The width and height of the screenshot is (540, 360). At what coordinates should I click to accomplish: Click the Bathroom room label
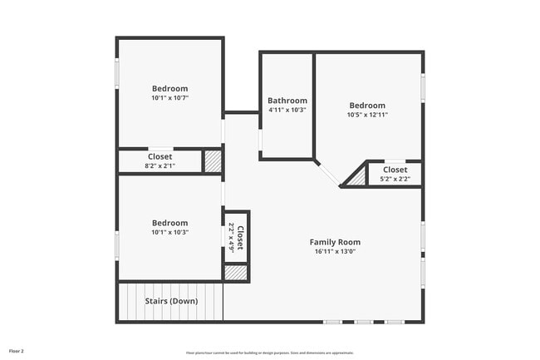coord(287,101)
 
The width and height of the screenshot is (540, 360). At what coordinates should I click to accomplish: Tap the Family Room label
coord(336,242)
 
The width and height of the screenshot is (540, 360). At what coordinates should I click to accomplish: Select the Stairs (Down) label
coord(171,300)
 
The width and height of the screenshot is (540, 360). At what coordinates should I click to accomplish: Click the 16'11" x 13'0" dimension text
coord(336,251)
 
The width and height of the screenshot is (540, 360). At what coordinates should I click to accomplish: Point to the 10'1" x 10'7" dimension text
coord(169,97)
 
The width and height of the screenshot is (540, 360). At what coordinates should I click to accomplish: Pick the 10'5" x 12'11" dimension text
coord(367,115)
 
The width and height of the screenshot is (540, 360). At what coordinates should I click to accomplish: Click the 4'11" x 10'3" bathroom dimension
coord(287,110)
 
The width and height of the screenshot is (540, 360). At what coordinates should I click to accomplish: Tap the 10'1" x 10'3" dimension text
coord(169,232)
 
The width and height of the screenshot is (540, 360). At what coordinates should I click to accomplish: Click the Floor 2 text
coord(17,351)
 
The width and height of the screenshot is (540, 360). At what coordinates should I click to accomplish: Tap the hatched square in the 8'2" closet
coord(214,161)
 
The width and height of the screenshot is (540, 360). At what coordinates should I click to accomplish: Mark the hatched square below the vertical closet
coord(237,273)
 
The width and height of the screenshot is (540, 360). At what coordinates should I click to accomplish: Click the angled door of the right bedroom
coord(327,173)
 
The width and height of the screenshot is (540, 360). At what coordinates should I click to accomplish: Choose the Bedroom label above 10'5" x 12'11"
coord(367,106)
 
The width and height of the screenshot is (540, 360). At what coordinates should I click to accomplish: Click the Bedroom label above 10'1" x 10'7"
coord(169,88)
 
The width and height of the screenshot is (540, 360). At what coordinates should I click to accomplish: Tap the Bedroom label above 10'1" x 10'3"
coord(169,223)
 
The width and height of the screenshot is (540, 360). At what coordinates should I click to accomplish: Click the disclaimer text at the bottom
coord(269,352)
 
